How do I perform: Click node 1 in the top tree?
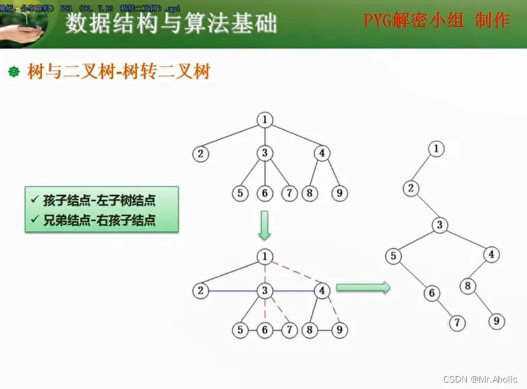tap(264, 119)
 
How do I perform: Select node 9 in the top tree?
tap(339, 193)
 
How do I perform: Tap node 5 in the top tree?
tap(240, 193)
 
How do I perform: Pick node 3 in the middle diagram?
tap(264, 291)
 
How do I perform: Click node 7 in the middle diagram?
tap(289, 330)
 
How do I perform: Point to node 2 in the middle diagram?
tap(201, 291)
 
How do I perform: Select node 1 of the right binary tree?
tap(436, 149)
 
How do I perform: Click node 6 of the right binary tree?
tap(432, 294)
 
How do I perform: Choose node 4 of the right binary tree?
tap(491, 254)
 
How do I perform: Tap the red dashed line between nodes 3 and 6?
tap(264, 311)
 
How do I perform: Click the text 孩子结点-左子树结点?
tap(101, 201)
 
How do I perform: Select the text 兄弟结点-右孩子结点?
tap(101, 221)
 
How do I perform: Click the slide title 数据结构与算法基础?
tap(172, 24)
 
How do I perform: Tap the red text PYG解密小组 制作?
tap(437, 20)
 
